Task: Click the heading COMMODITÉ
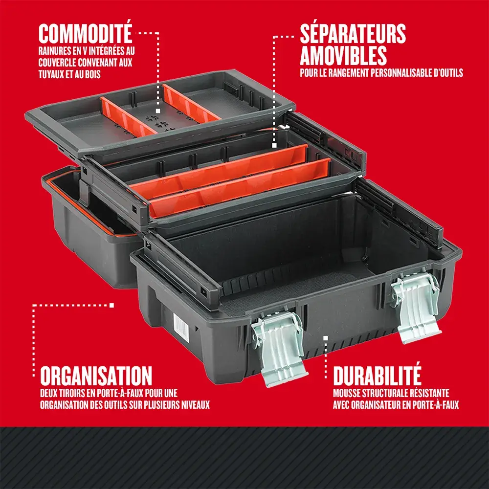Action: pyautogui.click(x=85, y=34)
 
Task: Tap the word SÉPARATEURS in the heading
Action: pyautogui.click(x=353, y=34)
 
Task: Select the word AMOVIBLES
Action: pyautogui.click(x=343, y=55)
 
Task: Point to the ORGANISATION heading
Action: pyautogui.click(x=96, y=376)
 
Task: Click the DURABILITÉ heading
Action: pyautogui.click(x=377, y=376)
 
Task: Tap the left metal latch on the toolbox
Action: pyautogui.click(x=279, y=348)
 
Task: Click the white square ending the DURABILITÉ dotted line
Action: pyautogui.click(x=326, y=337)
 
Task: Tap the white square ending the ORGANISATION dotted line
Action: pyautogui.click(x=112, y=305)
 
